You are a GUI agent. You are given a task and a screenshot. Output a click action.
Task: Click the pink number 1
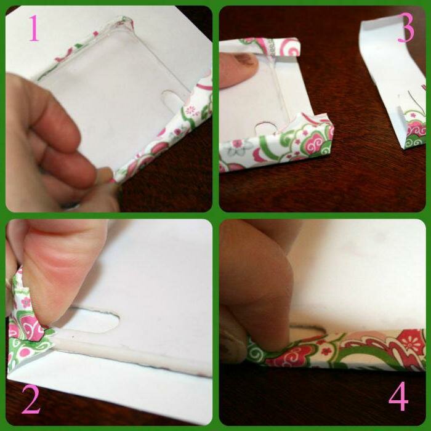pos(34,28)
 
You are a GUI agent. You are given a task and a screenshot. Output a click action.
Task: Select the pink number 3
pos(406,30)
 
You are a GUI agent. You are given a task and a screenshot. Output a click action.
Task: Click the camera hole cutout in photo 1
pos(172,101)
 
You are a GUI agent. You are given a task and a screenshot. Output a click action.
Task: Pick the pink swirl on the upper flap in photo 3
pos(289,47)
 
